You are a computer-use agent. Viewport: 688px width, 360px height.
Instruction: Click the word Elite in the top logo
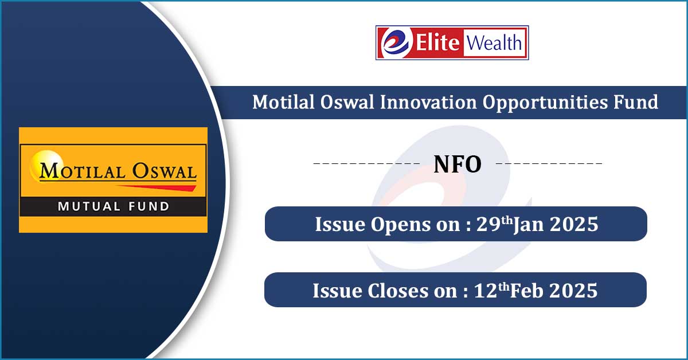[x=437, y=42]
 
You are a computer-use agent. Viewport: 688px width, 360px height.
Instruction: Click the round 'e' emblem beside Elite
[x=396, y=42]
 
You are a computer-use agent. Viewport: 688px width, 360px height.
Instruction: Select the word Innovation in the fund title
[x=428, y=102]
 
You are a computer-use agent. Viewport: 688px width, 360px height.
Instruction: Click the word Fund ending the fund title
[x=636, y=102]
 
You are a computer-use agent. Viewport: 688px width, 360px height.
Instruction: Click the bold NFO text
[x=458, y=165]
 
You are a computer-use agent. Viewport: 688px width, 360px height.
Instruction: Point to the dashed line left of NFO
[x=366, y=163]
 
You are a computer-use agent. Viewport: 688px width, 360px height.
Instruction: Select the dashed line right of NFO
[x=549, y=163]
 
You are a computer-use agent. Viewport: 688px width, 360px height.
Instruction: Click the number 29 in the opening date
[x=488, y=224]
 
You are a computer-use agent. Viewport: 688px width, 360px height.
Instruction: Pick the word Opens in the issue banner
[x=400, y=225]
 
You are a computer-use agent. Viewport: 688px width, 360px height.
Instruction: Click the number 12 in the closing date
[x=486, y=291]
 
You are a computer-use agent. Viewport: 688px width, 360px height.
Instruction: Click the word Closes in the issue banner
[x=398, y=291]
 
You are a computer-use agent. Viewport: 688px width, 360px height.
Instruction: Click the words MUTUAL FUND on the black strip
[x=114, y=206]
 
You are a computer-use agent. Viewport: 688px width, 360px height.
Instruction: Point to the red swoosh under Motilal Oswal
[x=157, y=187]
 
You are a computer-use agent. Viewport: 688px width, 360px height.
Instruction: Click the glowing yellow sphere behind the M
[x=46, y=165]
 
